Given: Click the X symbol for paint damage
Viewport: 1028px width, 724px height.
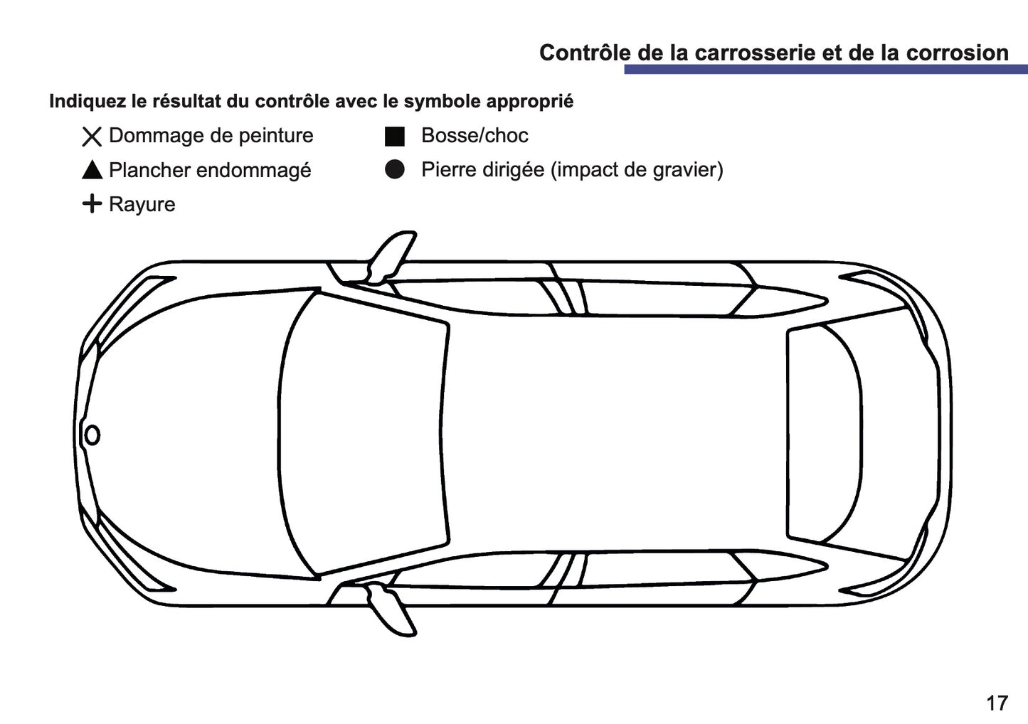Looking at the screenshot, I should (92, 137).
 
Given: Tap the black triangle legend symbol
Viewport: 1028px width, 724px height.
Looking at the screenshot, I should (92, 171).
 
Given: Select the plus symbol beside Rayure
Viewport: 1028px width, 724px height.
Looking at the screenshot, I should (92, 204).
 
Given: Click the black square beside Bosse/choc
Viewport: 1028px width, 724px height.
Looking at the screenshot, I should (395, 137).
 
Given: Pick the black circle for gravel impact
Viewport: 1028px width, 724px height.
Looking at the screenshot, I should (395, 169).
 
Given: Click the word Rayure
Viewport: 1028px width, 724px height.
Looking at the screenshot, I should (142, 205).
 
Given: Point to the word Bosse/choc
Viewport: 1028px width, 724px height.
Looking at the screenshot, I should (475, 136).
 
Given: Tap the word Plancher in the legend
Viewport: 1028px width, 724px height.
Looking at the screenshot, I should (149, 171).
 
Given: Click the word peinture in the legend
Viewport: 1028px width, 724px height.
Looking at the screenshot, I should (275, 136).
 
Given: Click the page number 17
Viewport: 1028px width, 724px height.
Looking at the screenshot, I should (997, 703).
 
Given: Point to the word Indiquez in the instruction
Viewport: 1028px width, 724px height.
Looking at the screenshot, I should (88, 102).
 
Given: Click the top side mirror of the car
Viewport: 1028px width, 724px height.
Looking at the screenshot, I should (391, 256).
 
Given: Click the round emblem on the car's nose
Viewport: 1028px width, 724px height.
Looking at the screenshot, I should (92, 435).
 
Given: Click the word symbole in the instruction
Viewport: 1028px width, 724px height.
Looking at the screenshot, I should (441, 102).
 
